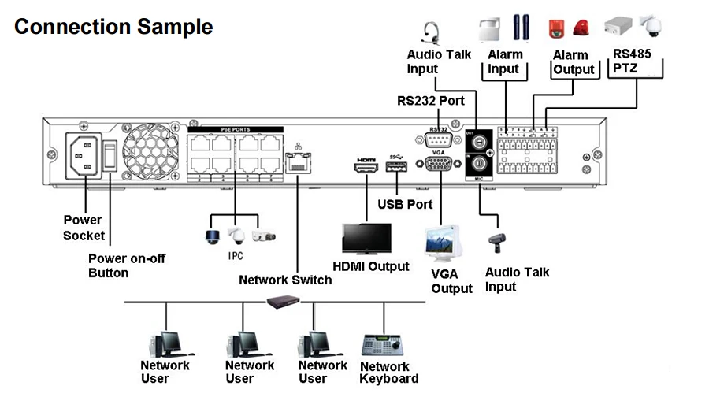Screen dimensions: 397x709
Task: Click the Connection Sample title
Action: (113, 26)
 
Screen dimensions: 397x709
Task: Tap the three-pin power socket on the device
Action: (82, 158)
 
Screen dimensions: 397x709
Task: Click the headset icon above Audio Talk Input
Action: (430, 33)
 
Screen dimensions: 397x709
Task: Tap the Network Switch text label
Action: (284, 280)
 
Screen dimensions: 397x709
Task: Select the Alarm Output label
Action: (573, 62)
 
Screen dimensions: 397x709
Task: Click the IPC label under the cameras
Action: (236, 255)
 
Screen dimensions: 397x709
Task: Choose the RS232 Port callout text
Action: (430, 101)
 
